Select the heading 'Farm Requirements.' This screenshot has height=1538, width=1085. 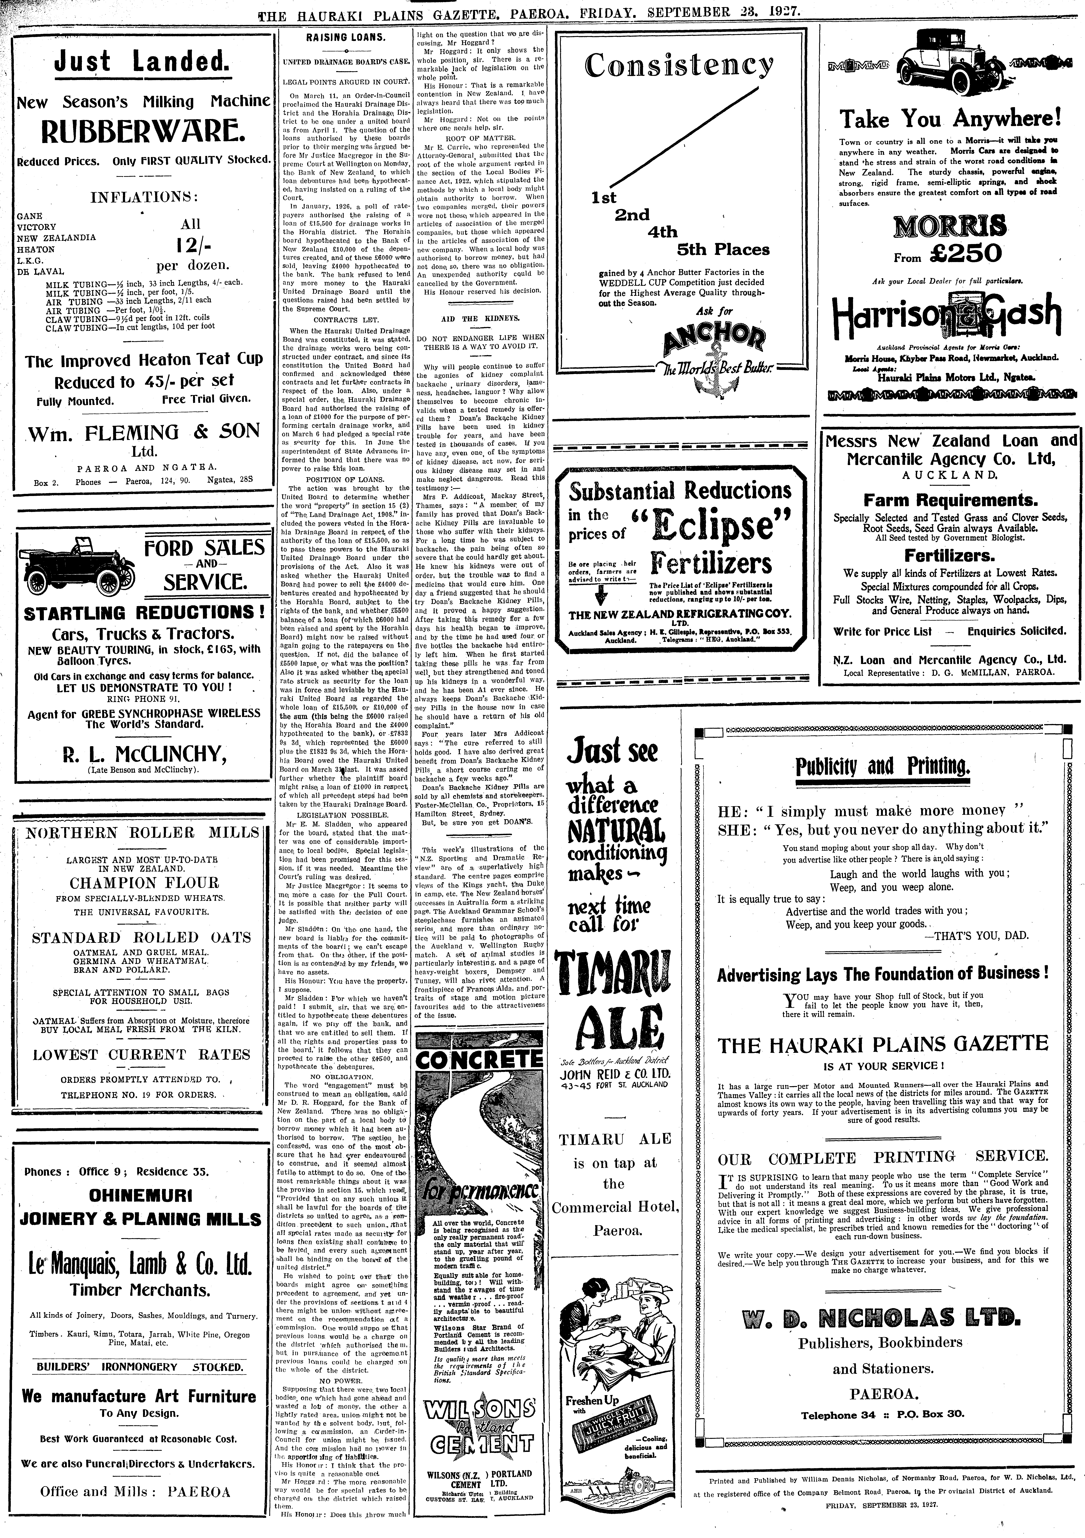[x=950, y=500]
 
